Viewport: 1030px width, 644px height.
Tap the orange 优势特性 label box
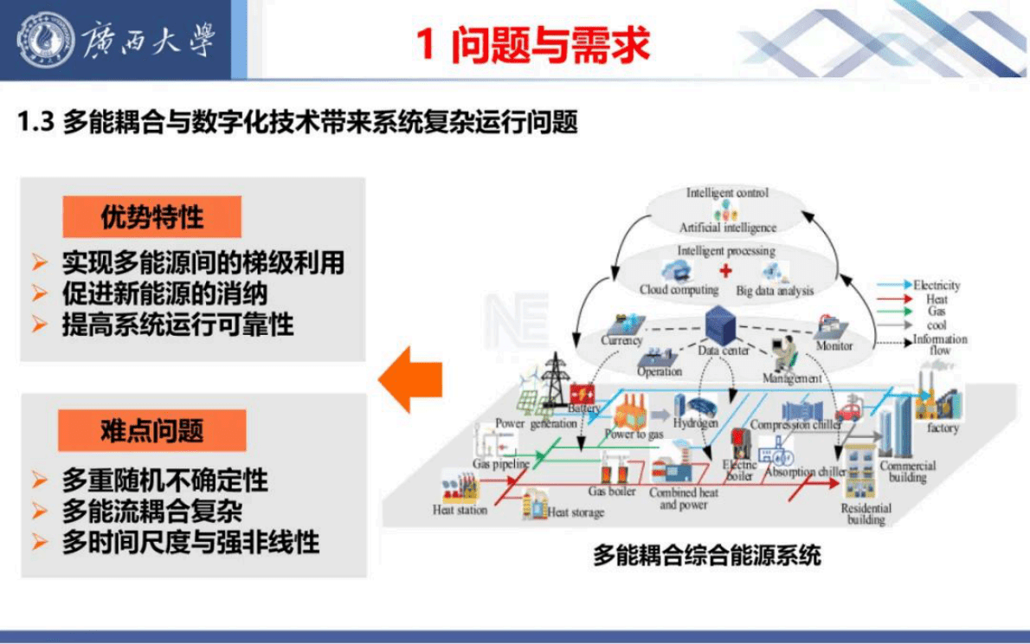pos(151,217)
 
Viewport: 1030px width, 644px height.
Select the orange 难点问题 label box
pos(151,431)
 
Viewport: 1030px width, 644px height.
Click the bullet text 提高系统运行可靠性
pos(177,325)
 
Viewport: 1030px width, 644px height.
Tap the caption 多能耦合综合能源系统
pos(706,555)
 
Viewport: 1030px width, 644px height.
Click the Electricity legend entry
pos(937,285)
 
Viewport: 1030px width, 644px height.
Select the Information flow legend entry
pos(939,345)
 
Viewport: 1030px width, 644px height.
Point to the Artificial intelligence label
pos(728,228)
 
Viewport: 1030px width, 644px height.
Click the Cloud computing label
pos(679,290)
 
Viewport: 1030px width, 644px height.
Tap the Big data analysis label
pos(775,291)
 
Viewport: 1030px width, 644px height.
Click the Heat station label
pos(460,510)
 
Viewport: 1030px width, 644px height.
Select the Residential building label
pos(866,514)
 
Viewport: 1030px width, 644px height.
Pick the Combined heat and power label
pos(684,499)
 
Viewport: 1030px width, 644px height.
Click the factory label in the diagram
pos(943,428)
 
